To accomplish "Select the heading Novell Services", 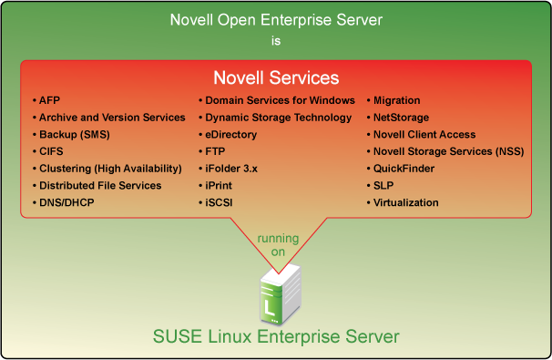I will point(276,77).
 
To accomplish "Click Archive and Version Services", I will point(111,118).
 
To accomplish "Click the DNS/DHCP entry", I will point(66,202).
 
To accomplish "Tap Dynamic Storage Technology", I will point(278,118).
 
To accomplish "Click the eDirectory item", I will point(231,135).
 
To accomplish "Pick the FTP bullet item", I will point(217,151).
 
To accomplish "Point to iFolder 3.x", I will point(234,169).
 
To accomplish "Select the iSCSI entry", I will point(220,202).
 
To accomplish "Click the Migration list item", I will point(397,100).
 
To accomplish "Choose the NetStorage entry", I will point(401,118).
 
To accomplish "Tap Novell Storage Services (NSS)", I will point(445,151).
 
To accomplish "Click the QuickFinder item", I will point(404,169).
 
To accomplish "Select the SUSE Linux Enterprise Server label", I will point(276,338).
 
